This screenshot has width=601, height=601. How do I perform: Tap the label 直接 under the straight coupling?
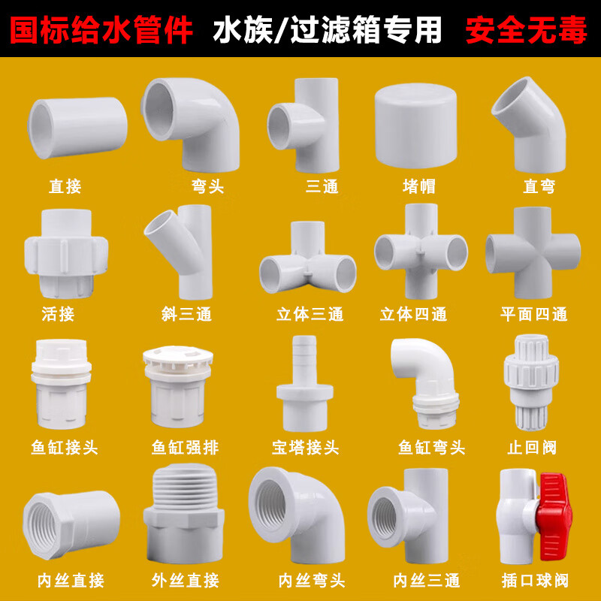point(65,187)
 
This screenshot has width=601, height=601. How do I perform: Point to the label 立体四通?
point(413,314)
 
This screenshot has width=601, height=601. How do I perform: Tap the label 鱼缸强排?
point(185,448)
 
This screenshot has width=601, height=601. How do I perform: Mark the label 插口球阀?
point(533,581)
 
